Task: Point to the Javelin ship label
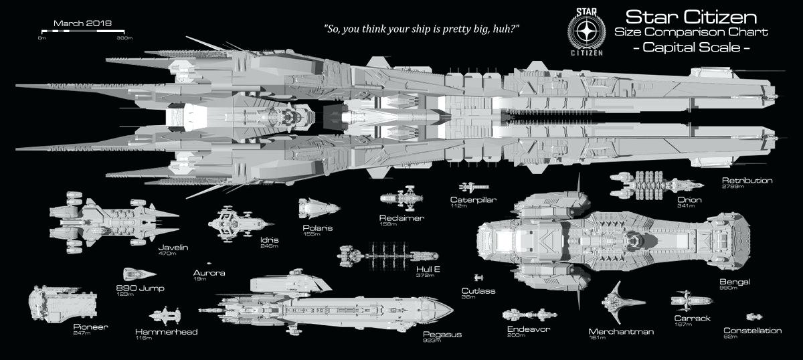[x=173, y=248]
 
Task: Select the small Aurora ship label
[x=209, y=273]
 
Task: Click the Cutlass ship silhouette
[x=478, y=277]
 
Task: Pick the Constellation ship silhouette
[x=754, y=317]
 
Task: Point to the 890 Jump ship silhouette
[x=138, y=274]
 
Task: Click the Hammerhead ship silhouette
[x=164, y=315]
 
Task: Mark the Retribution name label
[x=747, y=181]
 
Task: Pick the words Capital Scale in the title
[x=691, y=48]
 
